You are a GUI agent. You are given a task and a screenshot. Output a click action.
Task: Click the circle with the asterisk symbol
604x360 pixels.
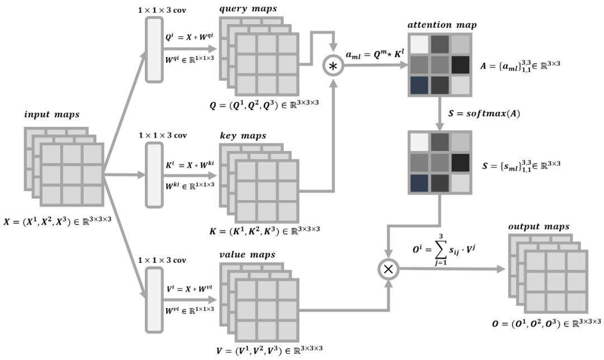pos(333,66)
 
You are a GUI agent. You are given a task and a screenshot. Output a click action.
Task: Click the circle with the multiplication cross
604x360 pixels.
pos(388,269)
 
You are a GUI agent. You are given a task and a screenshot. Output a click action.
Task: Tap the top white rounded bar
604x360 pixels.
pos(154,50)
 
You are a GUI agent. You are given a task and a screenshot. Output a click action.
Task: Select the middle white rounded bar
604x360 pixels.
pos(154,175)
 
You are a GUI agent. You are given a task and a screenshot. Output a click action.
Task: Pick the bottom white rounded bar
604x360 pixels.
pos(154,300)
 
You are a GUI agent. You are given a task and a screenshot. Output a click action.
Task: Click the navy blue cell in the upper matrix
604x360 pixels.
pos(419,86)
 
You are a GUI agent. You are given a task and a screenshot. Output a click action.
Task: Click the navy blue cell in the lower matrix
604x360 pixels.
pos(419,183)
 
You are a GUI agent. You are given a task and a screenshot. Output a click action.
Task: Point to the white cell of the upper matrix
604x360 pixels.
pos(419,44)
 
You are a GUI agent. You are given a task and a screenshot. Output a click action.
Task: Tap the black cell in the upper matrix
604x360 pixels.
pos(460,65)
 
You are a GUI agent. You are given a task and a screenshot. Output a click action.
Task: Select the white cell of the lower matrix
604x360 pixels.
pos(419,141)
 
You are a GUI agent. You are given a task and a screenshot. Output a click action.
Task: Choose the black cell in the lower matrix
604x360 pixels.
pos(460,162)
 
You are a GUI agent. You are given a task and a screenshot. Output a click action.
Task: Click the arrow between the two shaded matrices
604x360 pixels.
pos(440,113)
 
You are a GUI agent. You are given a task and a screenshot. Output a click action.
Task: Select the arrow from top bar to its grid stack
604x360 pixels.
pos(190,49)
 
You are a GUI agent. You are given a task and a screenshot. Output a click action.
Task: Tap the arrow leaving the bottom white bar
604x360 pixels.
pos(190,300)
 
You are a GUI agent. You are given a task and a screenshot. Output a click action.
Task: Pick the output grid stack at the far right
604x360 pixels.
pos(549,273)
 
